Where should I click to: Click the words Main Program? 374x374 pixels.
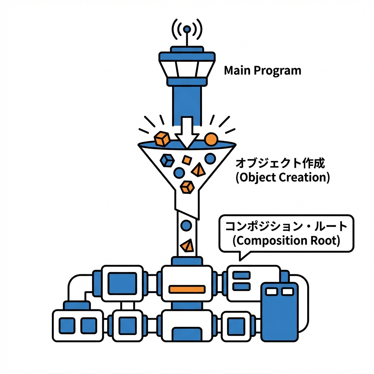point(263,70)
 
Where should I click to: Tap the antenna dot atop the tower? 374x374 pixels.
point(187,29)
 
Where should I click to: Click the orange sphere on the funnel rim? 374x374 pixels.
point(211,139)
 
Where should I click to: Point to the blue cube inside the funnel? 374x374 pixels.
point(167,160)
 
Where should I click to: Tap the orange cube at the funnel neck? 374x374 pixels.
point(187,187)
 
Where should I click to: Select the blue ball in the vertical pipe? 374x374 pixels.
point(186,225)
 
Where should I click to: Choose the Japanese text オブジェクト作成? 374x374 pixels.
point(280,163)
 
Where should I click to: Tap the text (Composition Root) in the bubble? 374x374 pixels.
point(286,241)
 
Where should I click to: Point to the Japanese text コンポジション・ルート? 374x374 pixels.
point(286,226)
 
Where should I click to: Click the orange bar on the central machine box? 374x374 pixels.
point(187,289)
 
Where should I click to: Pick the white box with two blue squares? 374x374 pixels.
point(78,325)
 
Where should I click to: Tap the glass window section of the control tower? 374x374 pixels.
point(186,68)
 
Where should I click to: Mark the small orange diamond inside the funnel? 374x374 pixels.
point(187,160)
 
